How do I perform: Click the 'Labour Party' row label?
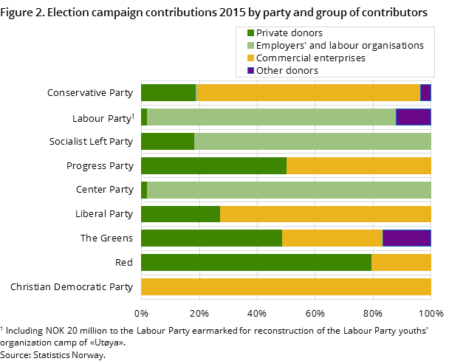(100, 119)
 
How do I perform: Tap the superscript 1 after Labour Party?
(133, 116)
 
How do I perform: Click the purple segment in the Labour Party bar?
(414, 117)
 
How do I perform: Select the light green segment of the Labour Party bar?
(271, 117)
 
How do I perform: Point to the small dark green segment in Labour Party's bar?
(144, 117)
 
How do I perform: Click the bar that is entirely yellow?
(286, 287)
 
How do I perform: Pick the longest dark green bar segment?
(256, 263)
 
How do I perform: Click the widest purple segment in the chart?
(407, 238)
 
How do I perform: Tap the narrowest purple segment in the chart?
(425, 92)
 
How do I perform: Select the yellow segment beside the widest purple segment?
(332, 238)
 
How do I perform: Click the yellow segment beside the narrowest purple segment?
(309, 92)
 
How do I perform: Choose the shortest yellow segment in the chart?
(401, 263)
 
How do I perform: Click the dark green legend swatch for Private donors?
(251, 33)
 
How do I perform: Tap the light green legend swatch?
(251, 46)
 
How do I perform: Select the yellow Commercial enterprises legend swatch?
(251, 58)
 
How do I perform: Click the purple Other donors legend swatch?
(251, 71)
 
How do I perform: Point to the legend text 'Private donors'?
(289, 33)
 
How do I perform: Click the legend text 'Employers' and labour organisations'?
(340, 46)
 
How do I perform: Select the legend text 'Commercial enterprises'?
(311, 58)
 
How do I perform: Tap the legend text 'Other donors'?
(287, 71)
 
